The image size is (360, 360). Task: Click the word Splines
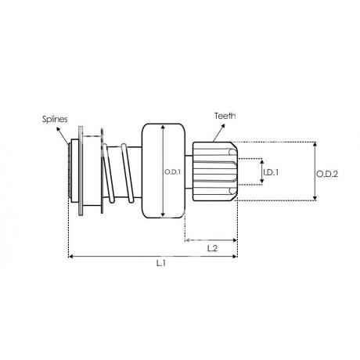(55, 119)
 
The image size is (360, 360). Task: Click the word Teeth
(225, 116)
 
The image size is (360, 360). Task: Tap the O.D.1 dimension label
(172, 172)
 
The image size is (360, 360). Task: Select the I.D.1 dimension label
(271, 172)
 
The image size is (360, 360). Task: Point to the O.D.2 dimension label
(327, 174)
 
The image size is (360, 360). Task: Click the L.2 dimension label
(212, 248)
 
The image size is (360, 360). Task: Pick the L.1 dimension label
(161, 263)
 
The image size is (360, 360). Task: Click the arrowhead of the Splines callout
(58, 129)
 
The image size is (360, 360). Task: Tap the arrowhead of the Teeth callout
(223, 126)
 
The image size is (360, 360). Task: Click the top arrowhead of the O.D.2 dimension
(315, 144)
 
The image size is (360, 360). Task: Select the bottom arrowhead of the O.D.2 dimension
(315, 198)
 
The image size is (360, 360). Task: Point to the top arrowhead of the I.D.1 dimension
(262, 162)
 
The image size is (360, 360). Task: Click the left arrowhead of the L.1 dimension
(70, 257)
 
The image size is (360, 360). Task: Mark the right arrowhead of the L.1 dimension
(235, 257)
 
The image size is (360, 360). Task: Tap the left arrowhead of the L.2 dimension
(187, 240)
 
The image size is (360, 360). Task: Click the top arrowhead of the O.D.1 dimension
(163, 128)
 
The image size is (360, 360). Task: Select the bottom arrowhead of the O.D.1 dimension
(163, 214)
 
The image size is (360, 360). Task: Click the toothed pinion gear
(215, 171)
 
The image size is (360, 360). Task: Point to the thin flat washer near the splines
(81, 171)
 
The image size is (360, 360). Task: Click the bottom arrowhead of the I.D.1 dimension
(262, 181)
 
